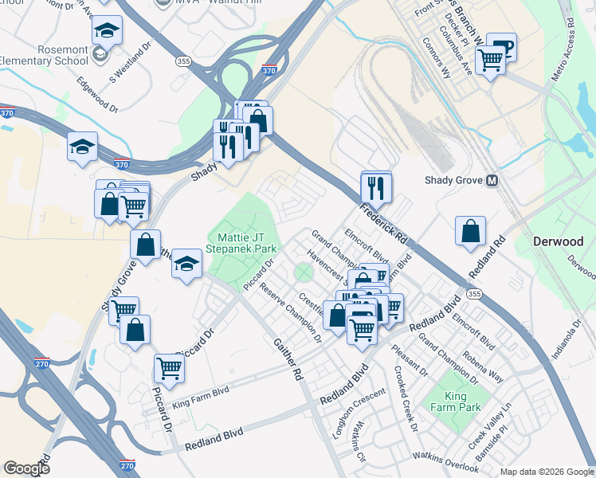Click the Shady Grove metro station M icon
coord(492,181)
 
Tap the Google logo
coord(26,468)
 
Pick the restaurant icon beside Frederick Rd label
coord(376,188)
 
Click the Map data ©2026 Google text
coord(546,471)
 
